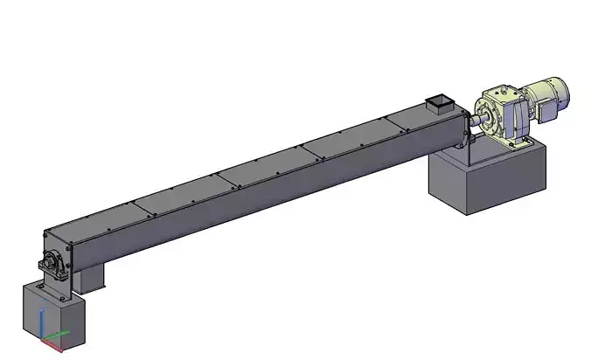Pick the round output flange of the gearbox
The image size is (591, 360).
coord(485,111)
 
